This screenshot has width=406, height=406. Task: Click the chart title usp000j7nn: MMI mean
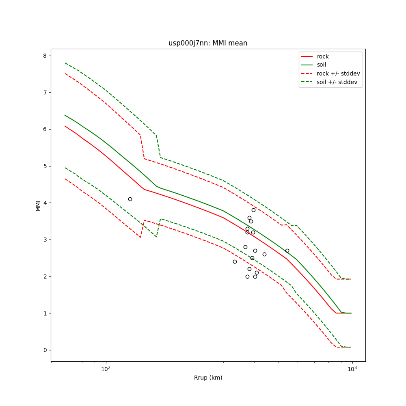coord(207,43)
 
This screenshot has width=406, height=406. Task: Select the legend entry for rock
coord(323,56)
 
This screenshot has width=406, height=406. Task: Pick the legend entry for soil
coord(321,65)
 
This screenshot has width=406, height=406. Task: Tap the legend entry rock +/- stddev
coord(338,73)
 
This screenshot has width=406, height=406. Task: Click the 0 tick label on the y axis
coord(45,350)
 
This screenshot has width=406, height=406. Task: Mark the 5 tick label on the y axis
coord(45,166)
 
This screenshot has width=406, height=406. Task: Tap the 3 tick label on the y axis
coord(45,240)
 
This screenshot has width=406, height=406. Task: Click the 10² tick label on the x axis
coord(106,369)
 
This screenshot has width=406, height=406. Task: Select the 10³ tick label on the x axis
coord(352,369)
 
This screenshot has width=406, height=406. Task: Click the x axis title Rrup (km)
coord(208,378)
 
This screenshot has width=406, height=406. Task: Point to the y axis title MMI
coord(38,205)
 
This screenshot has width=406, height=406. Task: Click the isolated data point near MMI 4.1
coord(130,199)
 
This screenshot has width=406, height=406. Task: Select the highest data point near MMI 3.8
coord(253,210)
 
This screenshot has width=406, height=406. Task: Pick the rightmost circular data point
coord(287,251)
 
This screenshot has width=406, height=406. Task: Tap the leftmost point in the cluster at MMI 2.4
coord(235,261)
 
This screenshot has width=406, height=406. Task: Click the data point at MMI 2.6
coord(264,254)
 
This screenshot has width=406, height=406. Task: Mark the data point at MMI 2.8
coord(245,247)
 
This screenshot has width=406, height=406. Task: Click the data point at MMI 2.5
coord(252,258)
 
